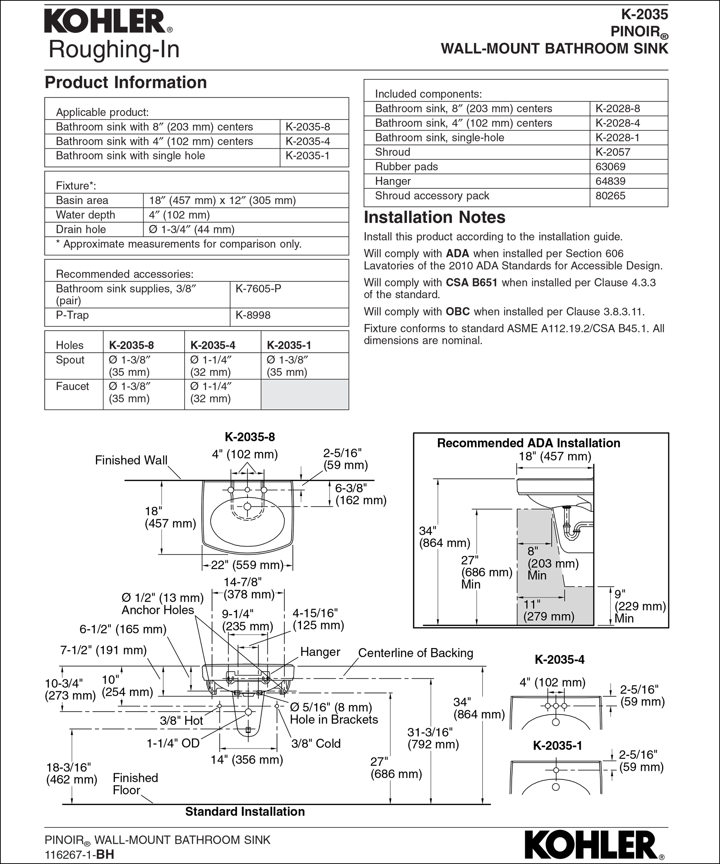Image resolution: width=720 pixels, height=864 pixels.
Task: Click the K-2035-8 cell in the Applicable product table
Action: (308, 127)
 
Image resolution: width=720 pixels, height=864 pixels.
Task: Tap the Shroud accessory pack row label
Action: (432, 196)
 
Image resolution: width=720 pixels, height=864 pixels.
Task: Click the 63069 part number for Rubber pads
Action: (610, 166)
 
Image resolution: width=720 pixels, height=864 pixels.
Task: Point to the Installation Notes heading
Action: (434, 218)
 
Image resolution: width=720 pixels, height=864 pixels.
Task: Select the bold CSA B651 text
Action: (472, 283)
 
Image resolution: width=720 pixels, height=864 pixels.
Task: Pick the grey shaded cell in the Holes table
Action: (305, 395)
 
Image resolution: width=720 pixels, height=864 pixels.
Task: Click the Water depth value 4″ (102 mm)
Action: (179, 215)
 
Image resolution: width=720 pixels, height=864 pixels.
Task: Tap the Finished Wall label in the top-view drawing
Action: (131, 460)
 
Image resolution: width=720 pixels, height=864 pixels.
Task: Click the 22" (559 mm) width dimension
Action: (247, 565)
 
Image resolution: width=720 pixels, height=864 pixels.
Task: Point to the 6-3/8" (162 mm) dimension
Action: (361, 494)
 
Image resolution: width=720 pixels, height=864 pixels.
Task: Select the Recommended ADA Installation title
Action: (528, 443)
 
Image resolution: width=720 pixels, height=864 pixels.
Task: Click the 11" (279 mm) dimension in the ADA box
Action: (548, 610)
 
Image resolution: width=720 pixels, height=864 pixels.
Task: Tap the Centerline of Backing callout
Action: (415, 653)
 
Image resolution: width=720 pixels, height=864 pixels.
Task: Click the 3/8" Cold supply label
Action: (316, 743)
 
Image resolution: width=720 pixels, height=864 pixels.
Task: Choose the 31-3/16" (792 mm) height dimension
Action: (433, 738)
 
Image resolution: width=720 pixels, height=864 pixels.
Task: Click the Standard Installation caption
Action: (245, 812)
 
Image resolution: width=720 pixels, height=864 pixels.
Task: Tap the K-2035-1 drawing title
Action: (558, 746)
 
